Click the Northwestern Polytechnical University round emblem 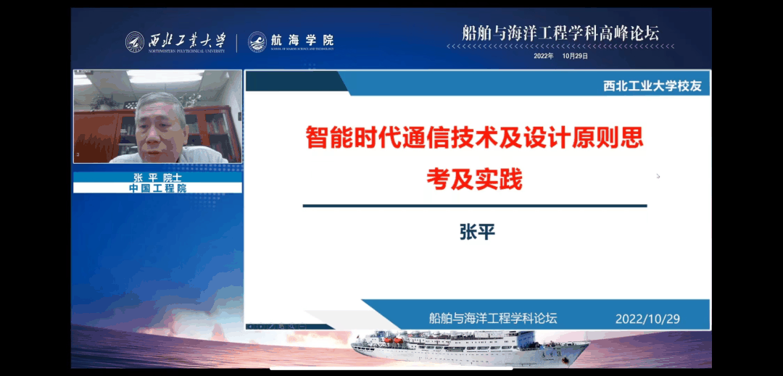[135, 41]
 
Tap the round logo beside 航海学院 [257, 41]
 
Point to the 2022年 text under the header [543, 56]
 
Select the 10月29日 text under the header [575, 56]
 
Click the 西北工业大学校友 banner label [652, 86]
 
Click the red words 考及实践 [474, 179]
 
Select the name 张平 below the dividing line [476, 231]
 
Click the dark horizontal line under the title [474, 206]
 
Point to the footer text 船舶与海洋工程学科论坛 [493, 318]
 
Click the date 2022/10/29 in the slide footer [647, 319]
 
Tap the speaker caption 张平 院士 [157, 177]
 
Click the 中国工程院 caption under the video [157, 188]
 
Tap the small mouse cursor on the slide [658, 175]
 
